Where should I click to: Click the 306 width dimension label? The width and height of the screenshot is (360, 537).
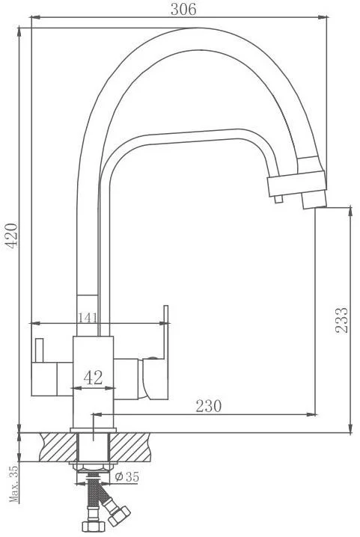(x=183, y=10)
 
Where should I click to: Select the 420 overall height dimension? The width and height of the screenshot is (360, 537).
(x=12, y=236)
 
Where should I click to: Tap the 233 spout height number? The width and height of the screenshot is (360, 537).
(x=341, y=320)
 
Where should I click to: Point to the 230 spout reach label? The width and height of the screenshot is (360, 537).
(x=209, y=406)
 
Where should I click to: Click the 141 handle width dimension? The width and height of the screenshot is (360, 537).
(x=87, y=318)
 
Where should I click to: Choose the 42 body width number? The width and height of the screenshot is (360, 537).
(x=94, y=378)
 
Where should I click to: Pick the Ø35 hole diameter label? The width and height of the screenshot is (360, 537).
(x=126, y=476)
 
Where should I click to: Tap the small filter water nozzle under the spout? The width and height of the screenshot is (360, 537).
(x=278, y=199)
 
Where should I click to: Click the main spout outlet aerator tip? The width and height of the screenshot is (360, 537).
(x=314, y=200)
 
